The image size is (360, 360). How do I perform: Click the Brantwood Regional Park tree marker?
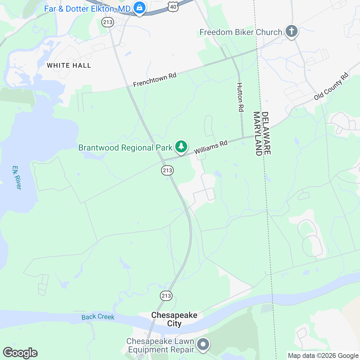coord(181,147)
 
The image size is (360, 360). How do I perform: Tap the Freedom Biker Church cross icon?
coord(291,31)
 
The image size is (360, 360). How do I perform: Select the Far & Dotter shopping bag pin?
coord(139,8)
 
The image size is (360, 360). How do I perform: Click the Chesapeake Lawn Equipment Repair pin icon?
coord(203,344)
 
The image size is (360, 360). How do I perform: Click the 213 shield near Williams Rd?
coord(167,170)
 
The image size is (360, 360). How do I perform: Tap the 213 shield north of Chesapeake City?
coord(166,295)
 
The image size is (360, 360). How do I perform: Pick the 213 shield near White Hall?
coord(107,22)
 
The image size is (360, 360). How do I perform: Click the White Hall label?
coord(69,65)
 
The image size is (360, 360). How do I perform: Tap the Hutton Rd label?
coord(240,97)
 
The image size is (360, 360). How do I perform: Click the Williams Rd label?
coord(211,147)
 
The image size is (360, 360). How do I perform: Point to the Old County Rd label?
coord(331,86)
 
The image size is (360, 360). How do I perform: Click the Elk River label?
coord(17,178)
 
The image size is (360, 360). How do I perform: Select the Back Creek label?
coord(98,317)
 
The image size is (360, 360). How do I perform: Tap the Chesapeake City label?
coord(174,319)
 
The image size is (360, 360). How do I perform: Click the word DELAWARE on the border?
coord(266,133)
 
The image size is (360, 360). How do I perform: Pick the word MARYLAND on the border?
coord(257,133)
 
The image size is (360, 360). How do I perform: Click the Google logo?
coord(20,353)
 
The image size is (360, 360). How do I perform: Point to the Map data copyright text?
coord(323,356)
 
